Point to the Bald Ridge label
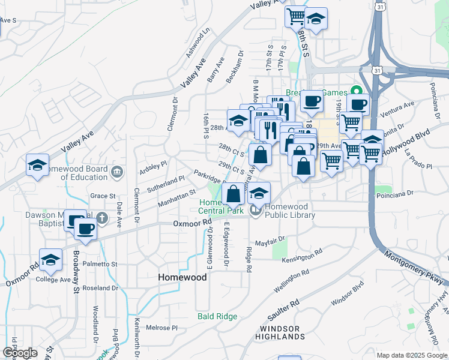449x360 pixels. [x=215, y=316]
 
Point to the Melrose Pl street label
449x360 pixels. [x=163, y=328]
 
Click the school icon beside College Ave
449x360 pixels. [x=50, y=260]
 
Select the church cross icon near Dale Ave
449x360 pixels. [x=102, y=219]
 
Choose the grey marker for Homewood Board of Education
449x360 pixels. [x=118, y=172]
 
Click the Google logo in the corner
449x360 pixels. [x=20, y=353]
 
